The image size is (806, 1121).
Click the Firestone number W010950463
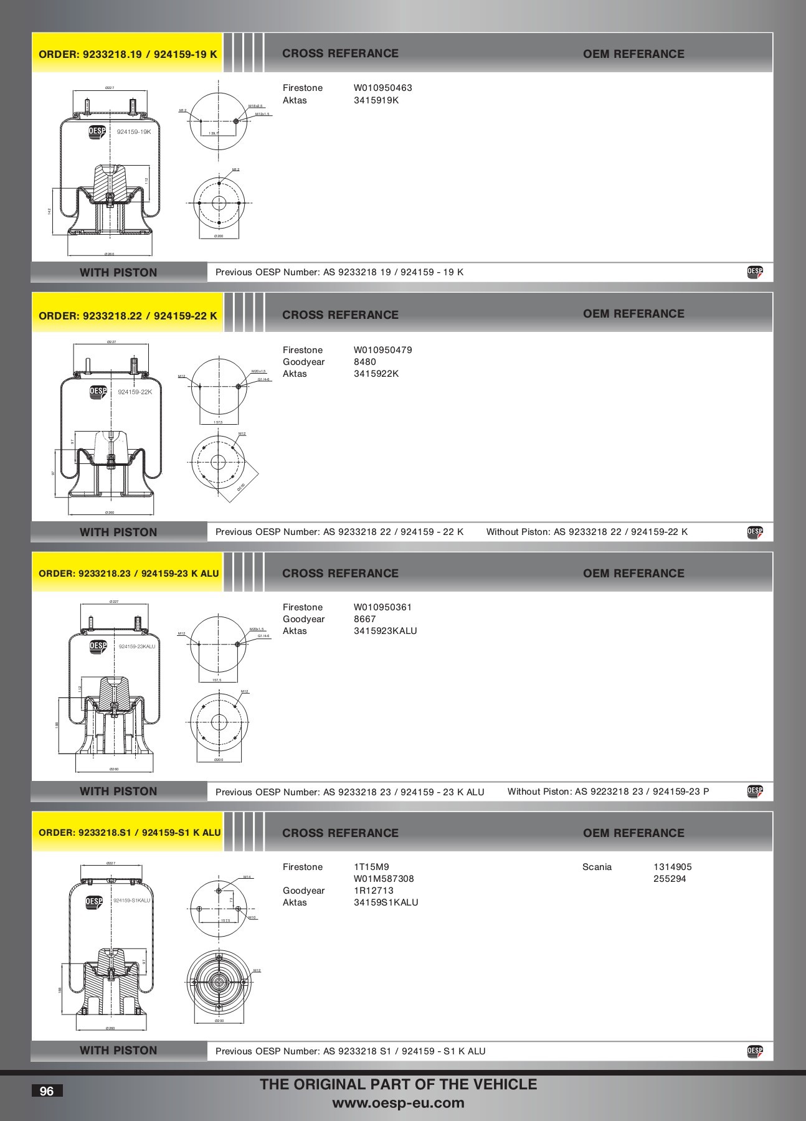(x=382, y=88)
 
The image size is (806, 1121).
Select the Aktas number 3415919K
(x=376, y=100)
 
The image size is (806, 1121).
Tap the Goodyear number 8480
(x=364, y=362)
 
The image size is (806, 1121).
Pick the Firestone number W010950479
(x=382, y=350)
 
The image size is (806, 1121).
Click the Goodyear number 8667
(x=364, y=619)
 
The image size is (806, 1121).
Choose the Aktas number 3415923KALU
(x=385, y=631)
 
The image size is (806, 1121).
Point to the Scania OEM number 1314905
(x=672, y=867)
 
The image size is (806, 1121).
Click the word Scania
(x=597, y=867)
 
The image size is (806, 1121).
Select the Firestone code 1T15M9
(x=371, y=867)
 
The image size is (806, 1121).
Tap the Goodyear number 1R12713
(x=373, y=891)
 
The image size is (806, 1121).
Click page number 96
(x=47, y=1090)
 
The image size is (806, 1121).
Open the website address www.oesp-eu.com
(x=398, y=1103)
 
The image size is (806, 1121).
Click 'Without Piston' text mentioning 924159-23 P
(x=608, y=792)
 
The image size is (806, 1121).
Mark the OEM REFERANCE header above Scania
(x=633, y=833)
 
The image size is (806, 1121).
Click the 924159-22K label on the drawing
(x=135, y=392)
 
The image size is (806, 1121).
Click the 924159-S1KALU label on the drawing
(x=131, y=901)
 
